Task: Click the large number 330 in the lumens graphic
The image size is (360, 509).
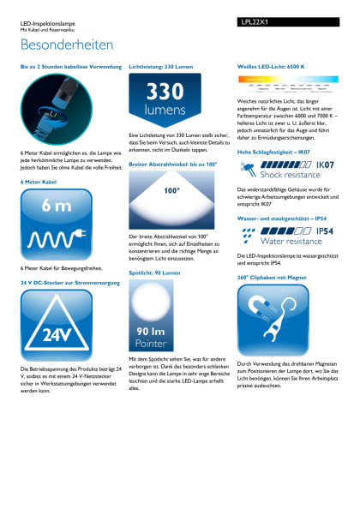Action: point(164,93)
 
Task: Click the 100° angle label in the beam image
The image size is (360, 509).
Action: point(171,191)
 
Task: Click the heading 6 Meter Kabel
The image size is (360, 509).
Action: point(39,182)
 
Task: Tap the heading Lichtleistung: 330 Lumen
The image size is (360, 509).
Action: point(163,66)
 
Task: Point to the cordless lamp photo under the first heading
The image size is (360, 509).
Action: point(57,106)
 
